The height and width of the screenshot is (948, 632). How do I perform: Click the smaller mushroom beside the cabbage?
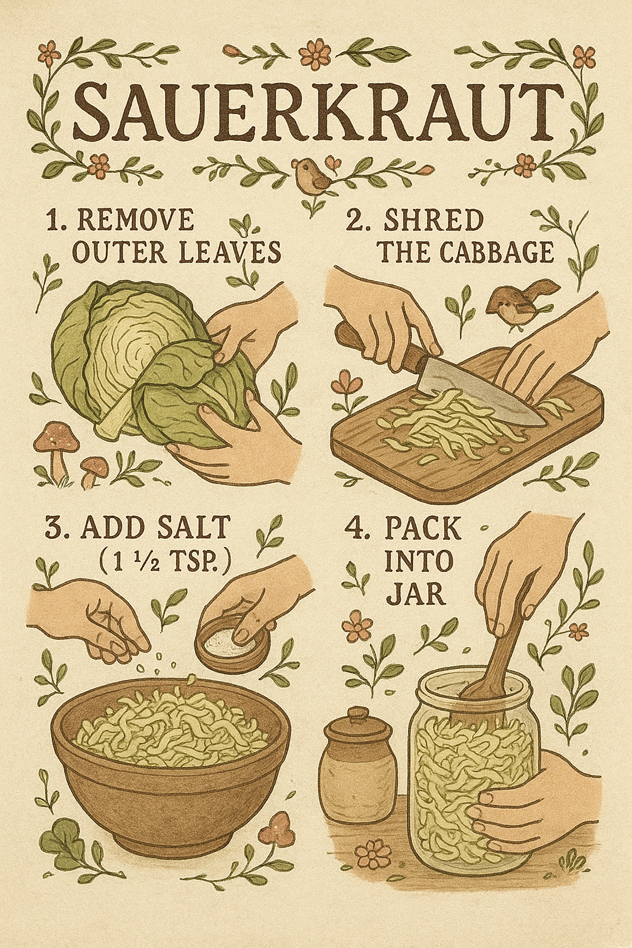(x=95, y=470)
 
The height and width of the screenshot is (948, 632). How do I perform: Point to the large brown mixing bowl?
(x=169, y=766)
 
